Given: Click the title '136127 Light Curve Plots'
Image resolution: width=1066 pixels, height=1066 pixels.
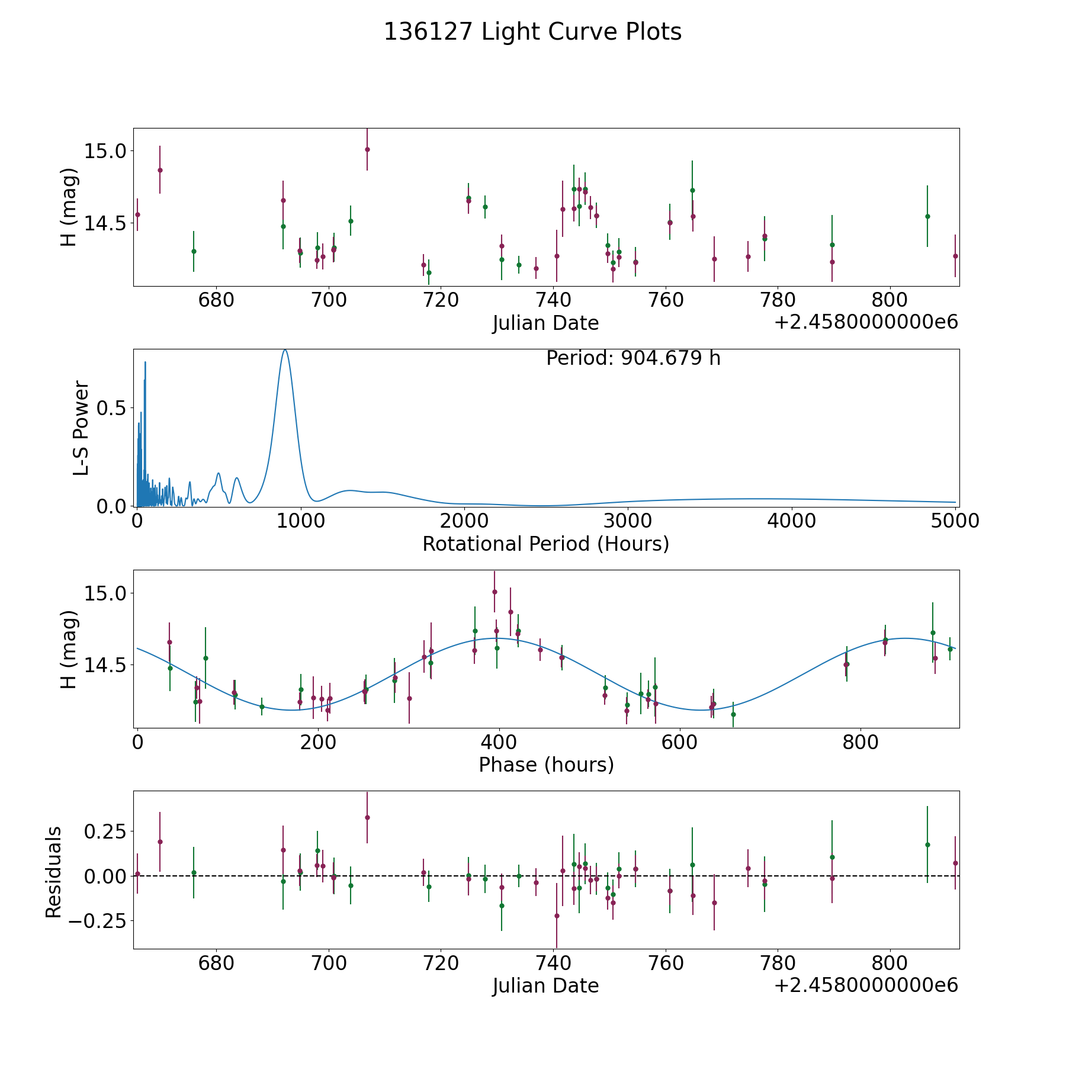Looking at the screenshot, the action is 532,32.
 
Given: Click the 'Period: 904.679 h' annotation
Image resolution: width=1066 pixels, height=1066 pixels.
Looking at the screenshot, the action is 633,358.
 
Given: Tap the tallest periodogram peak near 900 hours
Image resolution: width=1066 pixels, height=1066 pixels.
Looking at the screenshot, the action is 285,350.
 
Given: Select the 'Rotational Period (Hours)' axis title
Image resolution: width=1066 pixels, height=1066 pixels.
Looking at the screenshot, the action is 545,544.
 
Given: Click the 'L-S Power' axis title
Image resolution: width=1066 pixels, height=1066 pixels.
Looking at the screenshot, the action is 81,428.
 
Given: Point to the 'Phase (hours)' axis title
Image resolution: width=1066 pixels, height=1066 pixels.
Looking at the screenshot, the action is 546,765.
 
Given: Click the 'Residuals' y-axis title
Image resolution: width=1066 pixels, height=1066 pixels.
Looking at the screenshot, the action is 54,872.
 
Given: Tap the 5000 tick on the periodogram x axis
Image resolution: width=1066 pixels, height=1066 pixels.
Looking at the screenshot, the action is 955,521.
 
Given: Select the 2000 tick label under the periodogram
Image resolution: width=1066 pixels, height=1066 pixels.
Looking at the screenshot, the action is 465,521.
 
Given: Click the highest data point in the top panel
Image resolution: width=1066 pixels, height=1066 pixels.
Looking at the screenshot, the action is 367,149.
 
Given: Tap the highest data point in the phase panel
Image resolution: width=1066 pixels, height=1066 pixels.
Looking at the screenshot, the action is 495,592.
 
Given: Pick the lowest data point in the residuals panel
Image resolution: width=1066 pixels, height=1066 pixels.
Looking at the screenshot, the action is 557,916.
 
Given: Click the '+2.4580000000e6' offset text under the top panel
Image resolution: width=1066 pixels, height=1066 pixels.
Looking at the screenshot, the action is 866,322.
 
